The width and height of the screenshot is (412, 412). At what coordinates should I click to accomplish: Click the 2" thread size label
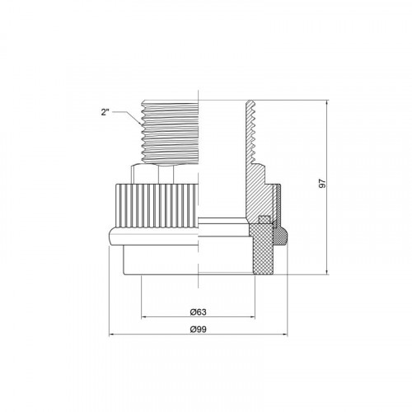105,112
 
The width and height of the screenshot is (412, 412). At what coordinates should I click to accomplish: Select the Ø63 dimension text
198,312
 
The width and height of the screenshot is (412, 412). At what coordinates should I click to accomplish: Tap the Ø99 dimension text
198,330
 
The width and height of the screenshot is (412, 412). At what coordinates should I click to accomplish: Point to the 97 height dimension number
322,183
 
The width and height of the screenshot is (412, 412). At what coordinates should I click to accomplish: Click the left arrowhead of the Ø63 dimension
143,317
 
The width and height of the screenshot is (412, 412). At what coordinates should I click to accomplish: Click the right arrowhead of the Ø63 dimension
252,317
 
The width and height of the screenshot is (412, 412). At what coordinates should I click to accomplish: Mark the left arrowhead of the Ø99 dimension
112,335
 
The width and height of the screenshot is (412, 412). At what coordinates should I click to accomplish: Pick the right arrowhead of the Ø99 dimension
285,335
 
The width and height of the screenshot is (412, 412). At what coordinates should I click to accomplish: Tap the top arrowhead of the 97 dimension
327,103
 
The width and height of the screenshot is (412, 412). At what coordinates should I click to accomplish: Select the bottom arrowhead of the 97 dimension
327,272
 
